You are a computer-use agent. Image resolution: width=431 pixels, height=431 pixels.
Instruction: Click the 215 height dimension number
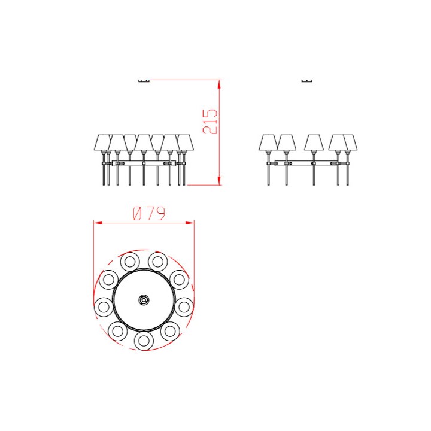[x=210, y=122]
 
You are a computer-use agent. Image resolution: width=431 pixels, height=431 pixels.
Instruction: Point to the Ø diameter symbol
[x=138, y=214]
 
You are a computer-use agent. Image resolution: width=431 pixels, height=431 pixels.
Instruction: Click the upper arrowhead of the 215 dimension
[x=219, y=84]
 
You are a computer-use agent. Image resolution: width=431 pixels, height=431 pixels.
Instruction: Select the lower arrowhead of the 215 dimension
[x=219, y=181]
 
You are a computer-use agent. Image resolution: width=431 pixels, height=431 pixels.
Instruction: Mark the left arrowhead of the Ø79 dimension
[x=98, y=223]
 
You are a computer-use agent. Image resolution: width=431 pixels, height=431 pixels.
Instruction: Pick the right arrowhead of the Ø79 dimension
[x=190, y=223]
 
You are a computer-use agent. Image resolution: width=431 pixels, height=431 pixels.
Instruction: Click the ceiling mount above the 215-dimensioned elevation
[x=144, y=81]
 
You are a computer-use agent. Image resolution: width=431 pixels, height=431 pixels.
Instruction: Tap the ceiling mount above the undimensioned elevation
[x=306, y=81]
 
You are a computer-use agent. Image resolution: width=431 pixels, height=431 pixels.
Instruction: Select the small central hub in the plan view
[x=144, y=300]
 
